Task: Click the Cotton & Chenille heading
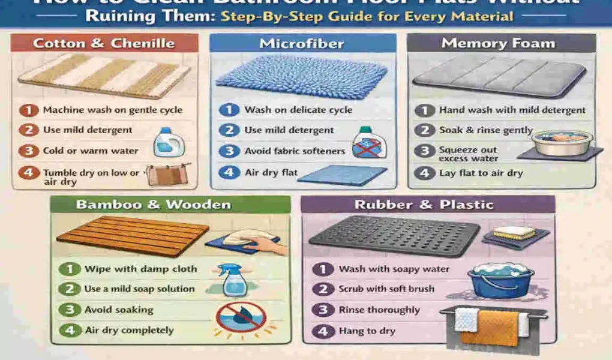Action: (104, 43)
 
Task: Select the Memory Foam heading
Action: (498, 43)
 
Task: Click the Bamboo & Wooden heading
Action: (153, 205)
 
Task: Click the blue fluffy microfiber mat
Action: (302, 77)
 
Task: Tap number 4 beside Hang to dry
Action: (323, 330)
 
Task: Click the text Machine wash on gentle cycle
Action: (112, 110)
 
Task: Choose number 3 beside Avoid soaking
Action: (70, 310)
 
